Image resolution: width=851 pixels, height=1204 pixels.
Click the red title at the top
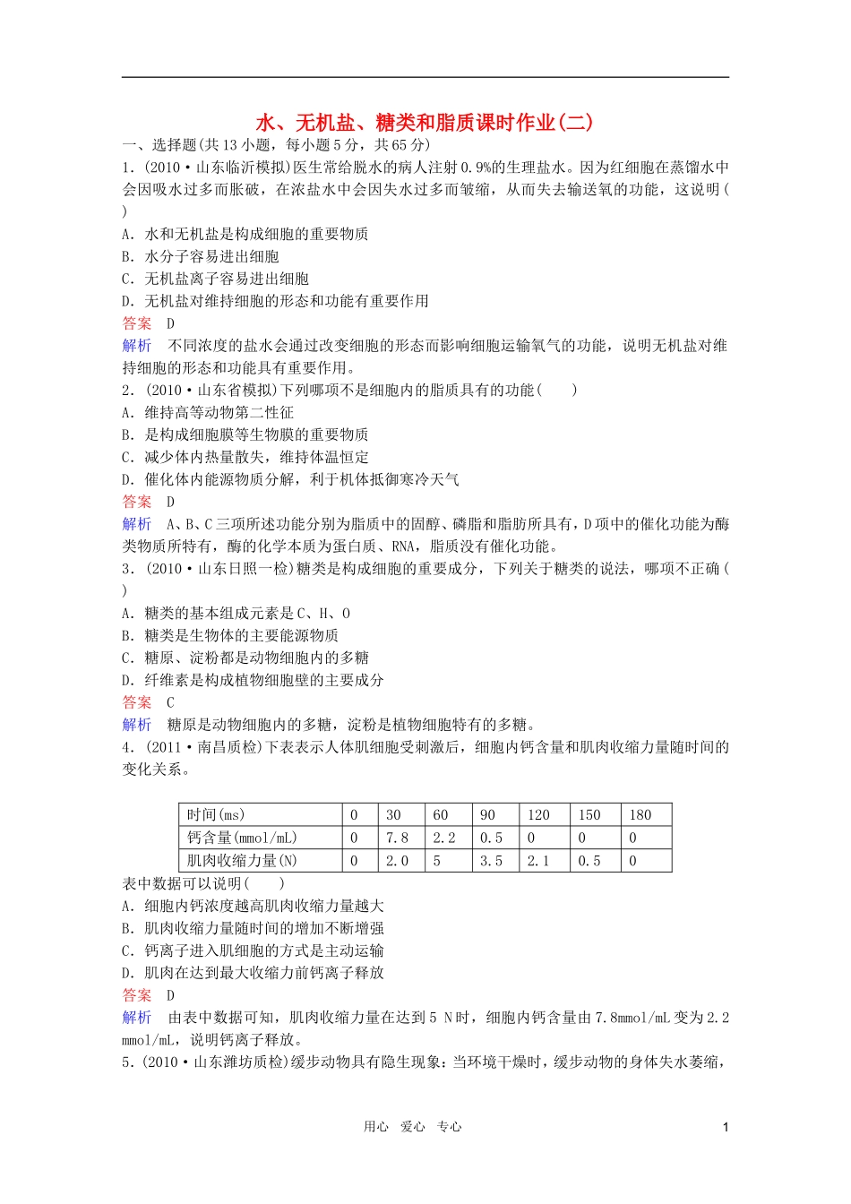[x=425, y=122]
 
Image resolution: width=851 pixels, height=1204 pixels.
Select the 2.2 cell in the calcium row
[x=444, y=838]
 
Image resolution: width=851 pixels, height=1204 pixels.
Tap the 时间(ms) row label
[x=215, y=814]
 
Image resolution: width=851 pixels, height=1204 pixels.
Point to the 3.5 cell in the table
[x=491, y=861]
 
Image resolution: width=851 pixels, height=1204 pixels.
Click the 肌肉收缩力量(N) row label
[x=241, y=861]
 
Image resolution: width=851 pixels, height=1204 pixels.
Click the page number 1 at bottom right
[x=726, y=1127]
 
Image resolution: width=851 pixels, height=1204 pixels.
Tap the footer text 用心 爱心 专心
[x=412, y=1127]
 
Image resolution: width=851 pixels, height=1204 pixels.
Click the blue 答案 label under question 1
[x=137, y=323]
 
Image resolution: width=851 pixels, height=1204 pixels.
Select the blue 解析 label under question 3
[x=137, y=725]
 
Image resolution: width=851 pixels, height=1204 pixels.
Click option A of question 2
[x=208, y=412]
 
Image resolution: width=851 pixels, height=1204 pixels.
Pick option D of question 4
[x=253, y=973]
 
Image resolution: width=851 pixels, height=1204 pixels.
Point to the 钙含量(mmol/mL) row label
[x=241, y=838]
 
